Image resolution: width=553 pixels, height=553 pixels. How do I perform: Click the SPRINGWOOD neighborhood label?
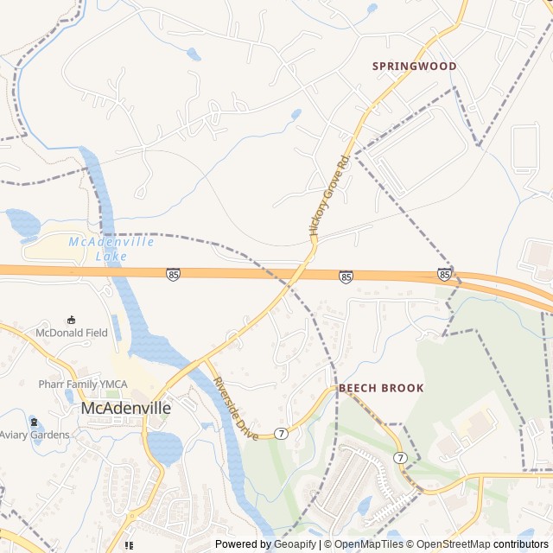[414, 66]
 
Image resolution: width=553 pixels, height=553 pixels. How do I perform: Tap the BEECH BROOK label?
[381, 388]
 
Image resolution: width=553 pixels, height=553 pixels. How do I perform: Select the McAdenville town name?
[125, 407]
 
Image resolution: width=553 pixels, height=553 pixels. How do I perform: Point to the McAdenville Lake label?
[111, 249]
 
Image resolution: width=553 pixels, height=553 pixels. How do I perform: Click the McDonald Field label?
[72, 333]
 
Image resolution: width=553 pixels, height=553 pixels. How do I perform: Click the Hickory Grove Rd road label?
[328, 197]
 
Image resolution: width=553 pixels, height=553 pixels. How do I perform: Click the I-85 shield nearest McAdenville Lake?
[174, 274]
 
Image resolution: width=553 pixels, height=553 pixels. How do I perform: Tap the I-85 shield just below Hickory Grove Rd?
[346, 276]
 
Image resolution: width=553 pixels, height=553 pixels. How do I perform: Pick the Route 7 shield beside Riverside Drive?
[282, 432]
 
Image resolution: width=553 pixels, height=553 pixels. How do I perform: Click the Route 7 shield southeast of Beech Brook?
[400, 456]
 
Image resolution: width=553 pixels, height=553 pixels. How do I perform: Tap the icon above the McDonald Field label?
[72, 320]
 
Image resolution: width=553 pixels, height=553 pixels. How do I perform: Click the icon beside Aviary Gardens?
[34, 423]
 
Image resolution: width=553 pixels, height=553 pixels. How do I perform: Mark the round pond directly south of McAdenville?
[165, 447]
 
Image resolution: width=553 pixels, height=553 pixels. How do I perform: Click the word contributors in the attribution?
[521, 544]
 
